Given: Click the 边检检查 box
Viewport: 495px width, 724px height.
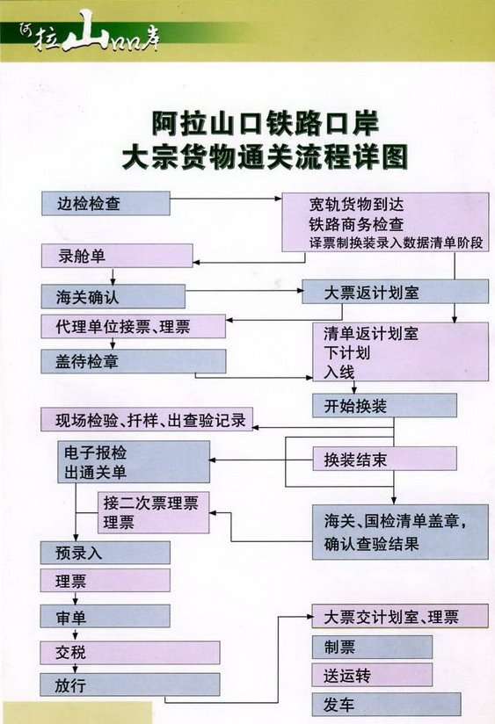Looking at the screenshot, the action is tap(106, 204).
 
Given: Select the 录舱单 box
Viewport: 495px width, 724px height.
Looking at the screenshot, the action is tap(117, 256).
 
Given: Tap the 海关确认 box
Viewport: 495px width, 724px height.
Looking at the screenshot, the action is tap(113, 296).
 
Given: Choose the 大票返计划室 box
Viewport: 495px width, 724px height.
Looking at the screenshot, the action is tap(395, 292).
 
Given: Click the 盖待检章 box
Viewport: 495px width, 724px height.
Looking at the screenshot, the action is tap(134, 361).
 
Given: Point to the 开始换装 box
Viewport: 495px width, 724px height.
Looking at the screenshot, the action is tap(384, 406).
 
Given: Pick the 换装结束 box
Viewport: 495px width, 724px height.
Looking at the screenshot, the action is tap(384, 459).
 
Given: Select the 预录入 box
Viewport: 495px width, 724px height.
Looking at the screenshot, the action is tap(105, 553).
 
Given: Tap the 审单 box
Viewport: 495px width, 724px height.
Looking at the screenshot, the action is tap(105, 617).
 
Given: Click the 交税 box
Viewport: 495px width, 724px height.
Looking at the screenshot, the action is tap(130, 653).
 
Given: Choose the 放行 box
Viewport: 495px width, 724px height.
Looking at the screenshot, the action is tap(130, 684).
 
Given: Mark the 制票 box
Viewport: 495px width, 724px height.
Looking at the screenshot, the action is tap(373, 647).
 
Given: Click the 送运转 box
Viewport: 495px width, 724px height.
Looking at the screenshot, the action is tap(373, 675).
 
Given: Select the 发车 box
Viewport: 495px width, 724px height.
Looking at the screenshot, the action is tap(386, 705).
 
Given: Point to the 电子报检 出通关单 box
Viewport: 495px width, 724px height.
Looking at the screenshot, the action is tap(134, 462).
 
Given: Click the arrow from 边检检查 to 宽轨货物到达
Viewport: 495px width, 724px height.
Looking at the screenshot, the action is tap(226, 199).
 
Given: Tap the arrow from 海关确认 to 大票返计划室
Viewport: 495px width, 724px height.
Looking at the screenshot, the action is tap(244, 291).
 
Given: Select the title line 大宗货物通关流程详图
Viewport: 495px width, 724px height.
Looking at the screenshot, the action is tap(266, 157).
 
